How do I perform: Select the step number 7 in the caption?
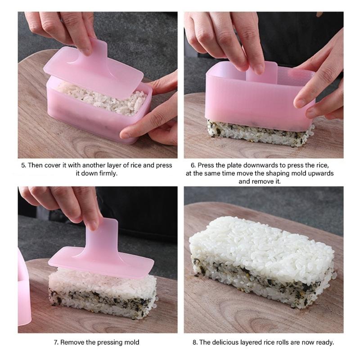point(56,342)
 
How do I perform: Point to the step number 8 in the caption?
point(194,342)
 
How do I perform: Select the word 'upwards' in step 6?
point(319,173)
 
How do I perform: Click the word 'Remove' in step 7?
point(73,342)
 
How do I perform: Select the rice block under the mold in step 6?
point(261,133)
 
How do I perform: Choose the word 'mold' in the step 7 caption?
point(131,342)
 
